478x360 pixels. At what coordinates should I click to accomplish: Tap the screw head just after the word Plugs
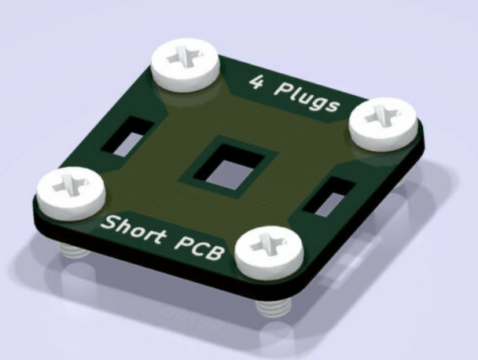pos(384,123)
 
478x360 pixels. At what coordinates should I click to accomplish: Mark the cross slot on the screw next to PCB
pos(269,243)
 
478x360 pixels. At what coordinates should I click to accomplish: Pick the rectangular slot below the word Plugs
pos(326,198)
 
